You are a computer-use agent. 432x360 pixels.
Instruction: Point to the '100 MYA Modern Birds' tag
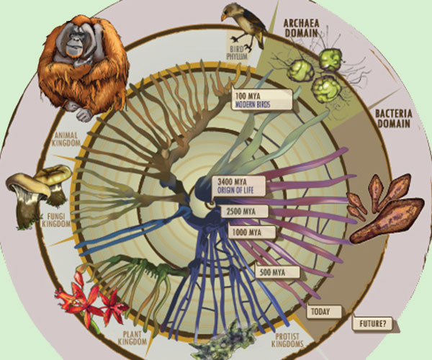pyautogui.click(x=262, y=100)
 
